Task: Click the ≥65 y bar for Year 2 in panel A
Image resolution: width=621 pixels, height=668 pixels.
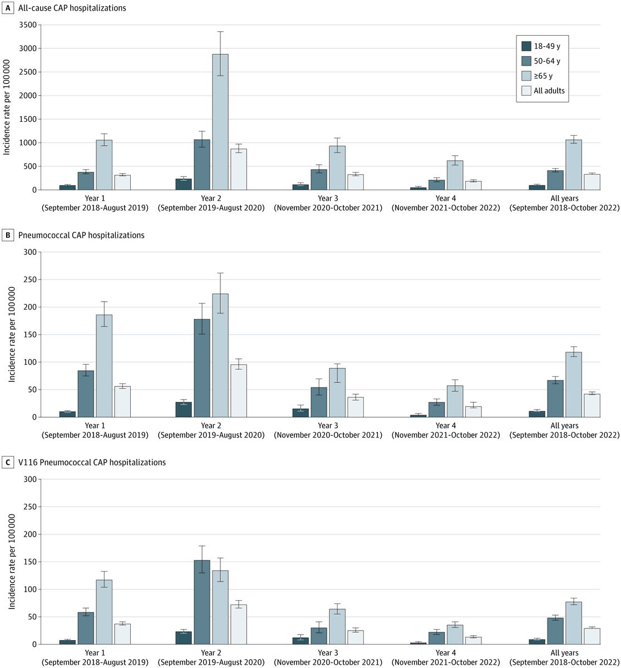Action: [220, 122]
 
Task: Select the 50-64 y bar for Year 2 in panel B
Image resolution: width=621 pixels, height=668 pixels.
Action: [202, 368]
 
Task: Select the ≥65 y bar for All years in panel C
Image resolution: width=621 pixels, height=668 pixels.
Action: [574, 623]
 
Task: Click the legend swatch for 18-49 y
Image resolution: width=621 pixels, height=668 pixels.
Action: [526, 46]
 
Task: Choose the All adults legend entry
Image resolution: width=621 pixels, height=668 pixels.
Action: [549, 91]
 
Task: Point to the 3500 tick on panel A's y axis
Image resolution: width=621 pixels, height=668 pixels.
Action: [30, 25]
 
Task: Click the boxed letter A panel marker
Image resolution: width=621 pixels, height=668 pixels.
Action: [7, 8]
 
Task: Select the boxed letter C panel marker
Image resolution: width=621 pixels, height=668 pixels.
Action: [7, 462]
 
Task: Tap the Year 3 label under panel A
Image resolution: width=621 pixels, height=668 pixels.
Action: [328, 198]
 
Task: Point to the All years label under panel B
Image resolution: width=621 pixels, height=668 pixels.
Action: [564, 425]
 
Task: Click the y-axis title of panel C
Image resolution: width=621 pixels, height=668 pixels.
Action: [11, 561]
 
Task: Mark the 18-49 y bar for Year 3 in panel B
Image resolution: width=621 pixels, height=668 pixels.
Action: [300, 413]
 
